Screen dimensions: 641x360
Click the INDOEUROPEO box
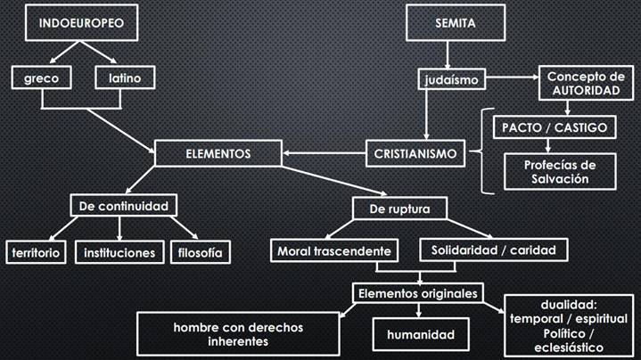(81, 23)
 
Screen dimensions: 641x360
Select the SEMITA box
(456, 23)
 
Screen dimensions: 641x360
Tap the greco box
(41, 78)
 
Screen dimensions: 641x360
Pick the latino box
(125, 78)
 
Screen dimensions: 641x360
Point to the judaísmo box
(452, 79)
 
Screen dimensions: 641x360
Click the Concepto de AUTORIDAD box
(586, 83)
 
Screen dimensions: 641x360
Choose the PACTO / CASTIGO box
(555, 127)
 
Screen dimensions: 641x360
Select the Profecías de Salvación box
(560, 172)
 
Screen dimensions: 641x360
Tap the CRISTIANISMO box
(415, 153)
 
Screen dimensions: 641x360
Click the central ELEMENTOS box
(218, 153)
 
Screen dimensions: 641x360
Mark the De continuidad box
(123, 206)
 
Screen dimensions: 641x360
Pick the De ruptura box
(399, 209)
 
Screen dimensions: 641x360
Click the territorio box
(36, 252)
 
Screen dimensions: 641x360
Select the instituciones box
(119, 252)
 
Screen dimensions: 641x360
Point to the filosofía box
(201, 252)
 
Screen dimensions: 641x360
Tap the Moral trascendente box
(334, 250)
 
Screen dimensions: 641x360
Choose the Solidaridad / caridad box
(494, 250)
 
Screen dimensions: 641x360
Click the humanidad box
(421, 335)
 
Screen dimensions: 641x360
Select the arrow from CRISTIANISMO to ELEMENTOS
(325, 153)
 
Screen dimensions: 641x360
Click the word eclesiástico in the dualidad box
(569, 348)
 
